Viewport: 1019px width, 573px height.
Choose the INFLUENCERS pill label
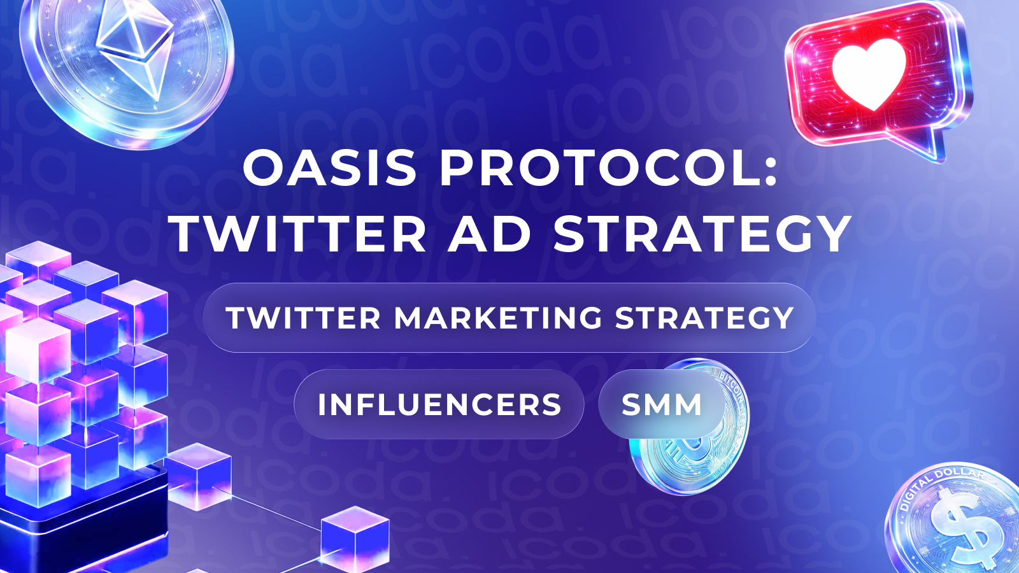[439, 404]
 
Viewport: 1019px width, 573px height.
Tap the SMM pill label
[662, 404]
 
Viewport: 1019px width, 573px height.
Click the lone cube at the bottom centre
[355, 539]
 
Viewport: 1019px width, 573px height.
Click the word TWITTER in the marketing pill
[303, 318]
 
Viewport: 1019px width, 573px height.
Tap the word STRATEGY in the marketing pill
[704, 318]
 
